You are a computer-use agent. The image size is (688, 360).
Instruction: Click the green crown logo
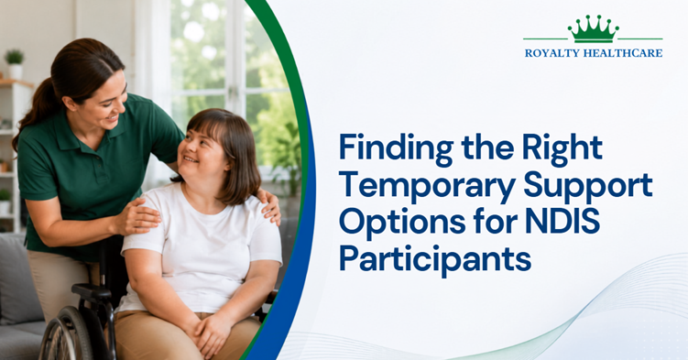pos(593,30)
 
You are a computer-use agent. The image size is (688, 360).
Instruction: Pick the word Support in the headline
pos(588,187)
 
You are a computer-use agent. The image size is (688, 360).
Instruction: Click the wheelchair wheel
pos(66,333)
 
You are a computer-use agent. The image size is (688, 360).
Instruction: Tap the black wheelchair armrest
pos(92,291)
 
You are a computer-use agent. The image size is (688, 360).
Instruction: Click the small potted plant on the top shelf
pos(15,63)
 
